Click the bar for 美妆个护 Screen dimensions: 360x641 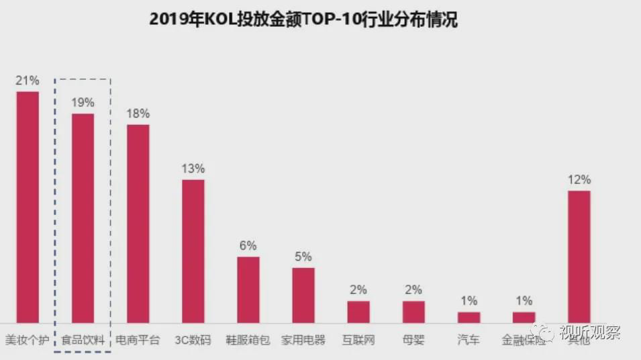28,207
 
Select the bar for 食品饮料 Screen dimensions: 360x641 83,218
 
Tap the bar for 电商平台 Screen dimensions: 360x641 138,224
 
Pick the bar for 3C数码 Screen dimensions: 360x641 193,251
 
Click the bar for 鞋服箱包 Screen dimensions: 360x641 248,289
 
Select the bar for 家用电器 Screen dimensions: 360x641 303,296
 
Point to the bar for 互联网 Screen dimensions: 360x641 358,312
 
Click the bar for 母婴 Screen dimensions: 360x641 413,312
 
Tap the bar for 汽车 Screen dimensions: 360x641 469,317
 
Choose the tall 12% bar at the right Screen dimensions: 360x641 579,257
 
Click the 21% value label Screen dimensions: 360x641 28,81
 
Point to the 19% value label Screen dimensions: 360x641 83,103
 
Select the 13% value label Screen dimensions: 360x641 193,169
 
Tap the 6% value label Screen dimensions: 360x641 248,246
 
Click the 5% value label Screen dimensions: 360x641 303,257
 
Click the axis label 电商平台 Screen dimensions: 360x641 138,340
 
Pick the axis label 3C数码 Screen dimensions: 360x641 193,340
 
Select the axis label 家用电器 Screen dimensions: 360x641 303,340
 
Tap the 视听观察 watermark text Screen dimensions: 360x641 591,333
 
